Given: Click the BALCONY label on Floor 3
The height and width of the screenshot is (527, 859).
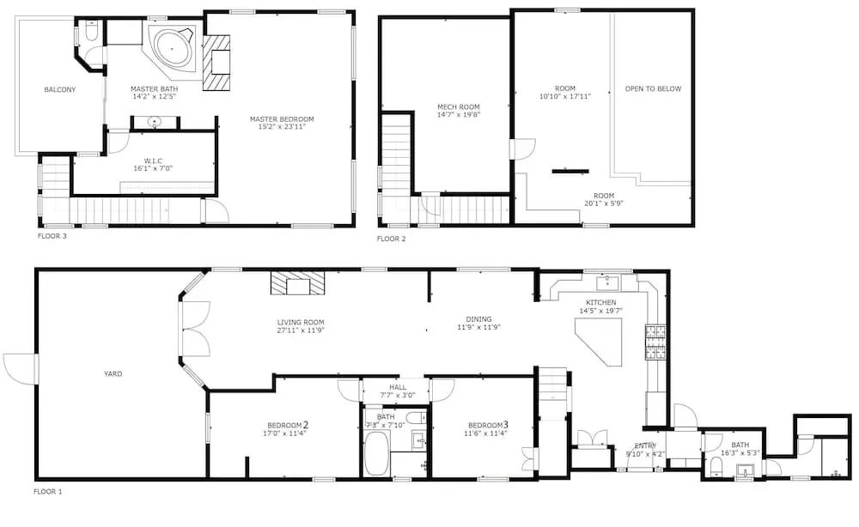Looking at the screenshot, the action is click(60, 90).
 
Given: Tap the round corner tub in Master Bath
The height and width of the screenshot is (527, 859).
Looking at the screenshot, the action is click(172, 48).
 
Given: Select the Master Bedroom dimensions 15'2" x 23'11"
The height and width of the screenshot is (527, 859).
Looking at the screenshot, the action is click(282, 127).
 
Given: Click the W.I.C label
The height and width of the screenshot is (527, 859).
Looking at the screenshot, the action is click(153, 161).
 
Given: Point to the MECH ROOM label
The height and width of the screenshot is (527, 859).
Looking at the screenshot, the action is click(459, 107).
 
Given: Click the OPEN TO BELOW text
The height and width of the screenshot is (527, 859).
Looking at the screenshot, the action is click(653, 88).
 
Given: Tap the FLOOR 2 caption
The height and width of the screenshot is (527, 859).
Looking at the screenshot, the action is click(391, 239).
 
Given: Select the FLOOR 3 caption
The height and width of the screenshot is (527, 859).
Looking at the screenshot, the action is click(52, 236).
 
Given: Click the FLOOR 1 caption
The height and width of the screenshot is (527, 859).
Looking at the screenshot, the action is click(47, 492).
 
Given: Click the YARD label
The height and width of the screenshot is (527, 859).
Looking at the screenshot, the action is click(113, 373).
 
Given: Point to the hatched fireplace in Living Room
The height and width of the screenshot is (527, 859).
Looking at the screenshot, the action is click(298, 284).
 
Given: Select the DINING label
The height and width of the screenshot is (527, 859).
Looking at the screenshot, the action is click(478, 319).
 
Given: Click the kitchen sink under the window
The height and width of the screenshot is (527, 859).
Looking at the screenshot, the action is click(607, 283).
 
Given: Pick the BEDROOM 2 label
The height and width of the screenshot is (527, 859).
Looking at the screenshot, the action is click(288, 425).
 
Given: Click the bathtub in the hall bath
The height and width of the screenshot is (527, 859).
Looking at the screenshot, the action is click(376, 453).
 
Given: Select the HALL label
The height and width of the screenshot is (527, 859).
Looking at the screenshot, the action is click(398, 387).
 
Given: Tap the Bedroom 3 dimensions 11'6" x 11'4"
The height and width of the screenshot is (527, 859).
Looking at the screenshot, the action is click(485, 433).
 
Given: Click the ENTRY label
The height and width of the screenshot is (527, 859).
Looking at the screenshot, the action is click(645, 446).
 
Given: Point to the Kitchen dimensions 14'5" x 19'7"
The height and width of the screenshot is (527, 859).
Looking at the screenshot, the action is click(601, 311).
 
